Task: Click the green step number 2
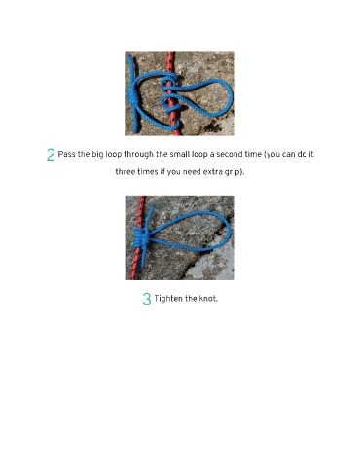coord(51,155)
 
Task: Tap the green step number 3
coord(147,299)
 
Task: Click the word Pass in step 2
coord(66,154)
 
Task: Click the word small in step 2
coord(180,154)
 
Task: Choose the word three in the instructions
coord(125,171)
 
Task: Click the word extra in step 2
coord(211,172)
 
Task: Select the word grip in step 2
coord(231,172)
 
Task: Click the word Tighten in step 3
coord(168,299)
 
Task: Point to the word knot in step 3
coord(208,298)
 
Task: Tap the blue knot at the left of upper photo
coord(133,96)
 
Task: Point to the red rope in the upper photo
coord(172,94)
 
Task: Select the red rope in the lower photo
coord(138,237)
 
